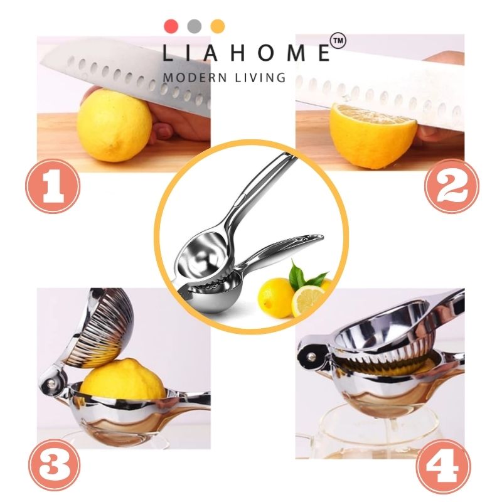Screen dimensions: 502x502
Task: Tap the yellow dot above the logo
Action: [217, 26]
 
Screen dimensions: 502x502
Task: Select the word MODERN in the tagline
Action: [195, 78]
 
